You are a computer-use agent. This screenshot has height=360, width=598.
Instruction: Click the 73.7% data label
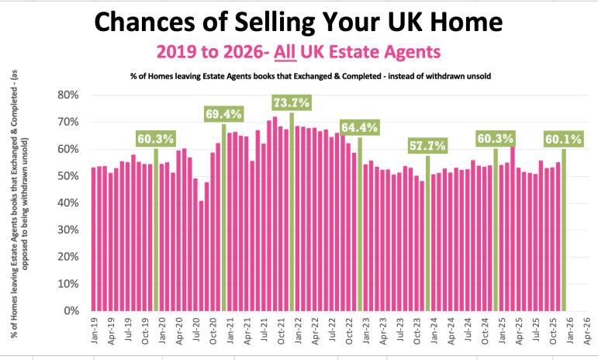pyautogui.click(x=292, y=102)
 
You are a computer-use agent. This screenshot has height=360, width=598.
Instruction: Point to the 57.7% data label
pyautogui.click(x=427, y=145)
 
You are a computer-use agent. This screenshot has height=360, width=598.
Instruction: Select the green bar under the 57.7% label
pyautogui.click(x=427, y=233)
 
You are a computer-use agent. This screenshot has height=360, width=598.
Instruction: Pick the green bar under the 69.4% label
pyautogui.click(x=224, y=217)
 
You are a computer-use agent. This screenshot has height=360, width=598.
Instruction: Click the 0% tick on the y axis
pyautogui.click(x=73, y=311)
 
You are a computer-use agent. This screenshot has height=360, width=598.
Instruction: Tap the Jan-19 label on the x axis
pyautogui.click(x=93, y=330)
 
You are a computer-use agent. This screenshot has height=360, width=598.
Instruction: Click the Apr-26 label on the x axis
pyautogui.click(x=587, y=330)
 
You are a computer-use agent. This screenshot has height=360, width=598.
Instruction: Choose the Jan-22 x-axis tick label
pyautogui.click(x=297, y=330)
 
